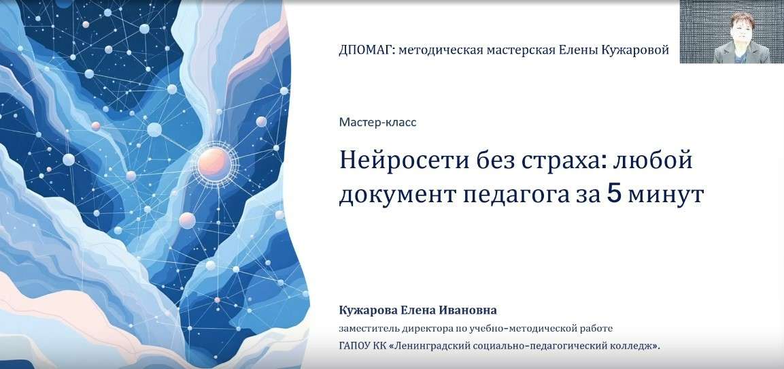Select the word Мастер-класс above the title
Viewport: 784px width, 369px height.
(377, 123)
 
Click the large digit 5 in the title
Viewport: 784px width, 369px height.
(615, 194)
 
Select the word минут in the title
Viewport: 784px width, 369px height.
(666, 195)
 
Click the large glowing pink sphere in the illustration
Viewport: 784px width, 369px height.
(214, 163)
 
